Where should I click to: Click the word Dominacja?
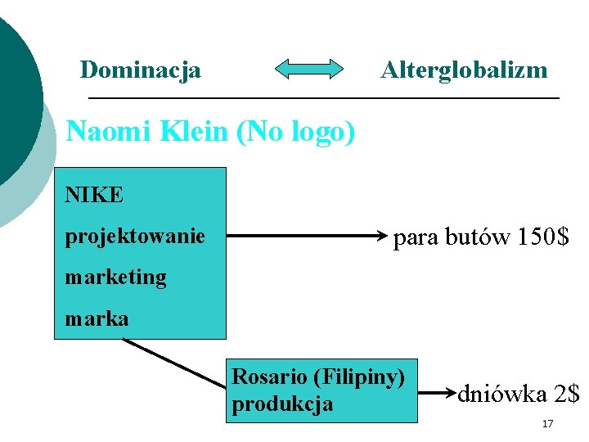(140, 70)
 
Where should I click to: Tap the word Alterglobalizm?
(464, 70)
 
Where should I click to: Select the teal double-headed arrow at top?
(309, 69)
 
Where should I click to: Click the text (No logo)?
(295, 131)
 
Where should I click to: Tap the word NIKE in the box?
(94, 196)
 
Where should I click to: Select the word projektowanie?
(135, 237)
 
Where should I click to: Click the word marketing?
(115, 277)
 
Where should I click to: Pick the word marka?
(97, 318)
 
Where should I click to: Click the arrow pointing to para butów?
(307, 237)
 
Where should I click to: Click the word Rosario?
(270, 377)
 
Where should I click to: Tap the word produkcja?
(282, 404)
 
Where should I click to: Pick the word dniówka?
(501, 394)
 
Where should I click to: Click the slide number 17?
(547, 423)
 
